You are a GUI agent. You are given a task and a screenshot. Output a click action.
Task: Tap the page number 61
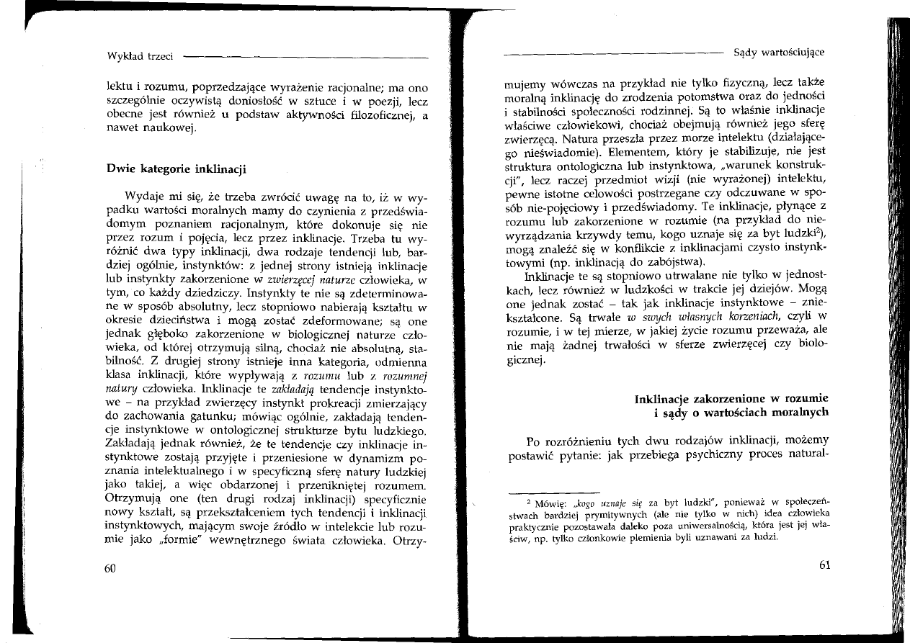tap(825, 565)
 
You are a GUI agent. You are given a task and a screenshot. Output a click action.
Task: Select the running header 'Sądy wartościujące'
tap(779, 52)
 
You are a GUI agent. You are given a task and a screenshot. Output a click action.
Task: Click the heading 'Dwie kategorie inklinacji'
tap(177, 170)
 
